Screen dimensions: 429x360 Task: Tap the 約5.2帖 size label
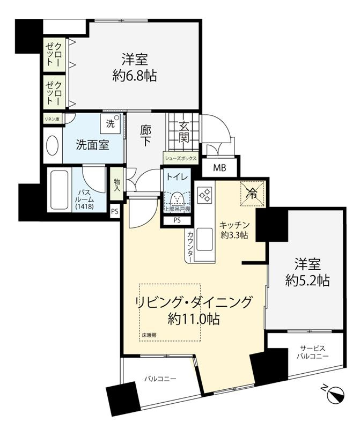307,280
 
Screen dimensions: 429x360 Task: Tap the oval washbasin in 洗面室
52,145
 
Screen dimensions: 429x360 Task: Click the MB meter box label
219,168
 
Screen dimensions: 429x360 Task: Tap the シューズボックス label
181,159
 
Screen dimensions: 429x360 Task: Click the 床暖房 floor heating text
149,335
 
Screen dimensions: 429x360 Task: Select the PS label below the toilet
178,220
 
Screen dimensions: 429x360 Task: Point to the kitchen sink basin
205,239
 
